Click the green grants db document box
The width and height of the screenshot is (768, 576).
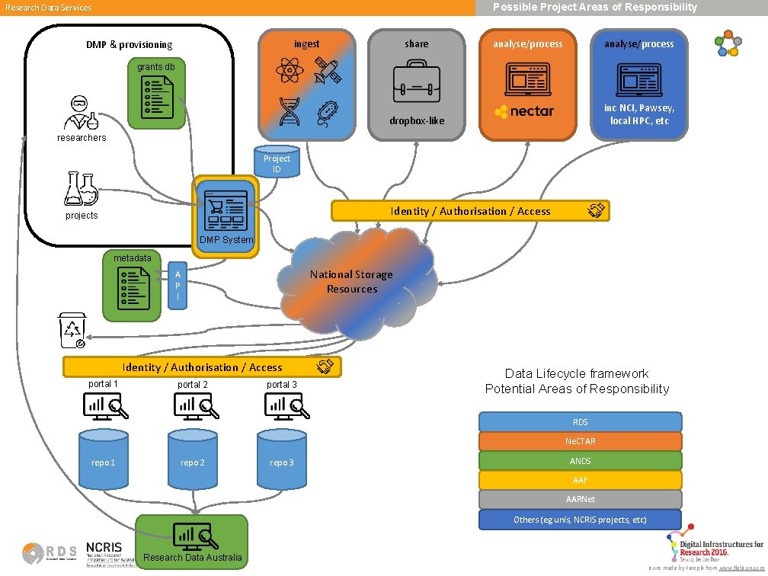(156, 94)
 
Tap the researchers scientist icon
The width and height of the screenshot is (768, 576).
(81, 113)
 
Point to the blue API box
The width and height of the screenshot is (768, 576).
(177, 285)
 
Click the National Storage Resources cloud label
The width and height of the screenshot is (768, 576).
(352, 282)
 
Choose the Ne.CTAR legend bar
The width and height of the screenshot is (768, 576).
(580, 441)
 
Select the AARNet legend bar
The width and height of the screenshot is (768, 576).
(580, 500)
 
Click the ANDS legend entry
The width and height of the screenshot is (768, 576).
(580, 461)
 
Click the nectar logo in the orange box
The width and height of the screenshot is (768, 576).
(524, 111)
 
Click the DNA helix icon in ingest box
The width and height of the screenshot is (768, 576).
(289, 111)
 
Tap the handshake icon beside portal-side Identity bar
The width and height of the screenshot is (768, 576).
(326, 366)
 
